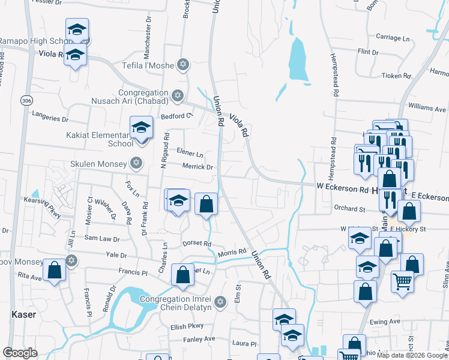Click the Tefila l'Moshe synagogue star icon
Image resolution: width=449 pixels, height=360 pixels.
pos(183,65)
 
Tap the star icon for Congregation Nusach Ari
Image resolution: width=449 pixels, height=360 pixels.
pos(177,95)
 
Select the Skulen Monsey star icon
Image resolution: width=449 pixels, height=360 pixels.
pos(136,163)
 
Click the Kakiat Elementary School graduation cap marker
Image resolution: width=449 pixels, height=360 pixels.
pos(141,128)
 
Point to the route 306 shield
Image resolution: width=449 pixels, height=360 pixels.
pos(25,100)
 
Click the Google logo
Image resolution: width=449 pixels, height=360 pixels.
pos(20,353)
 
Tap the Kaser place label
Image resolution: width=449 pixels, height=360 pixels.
pos(24,314)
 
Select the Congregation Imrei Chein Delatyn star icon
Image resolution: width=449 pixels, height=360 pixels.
pos(220,301)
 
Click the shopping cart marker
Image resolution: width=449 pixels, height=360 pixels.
pos(402,280)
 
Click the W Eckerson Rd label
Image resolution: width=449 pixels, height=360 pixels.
pos(342,188)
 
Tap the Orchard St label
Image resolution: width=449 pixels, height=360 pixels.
pos(349,209)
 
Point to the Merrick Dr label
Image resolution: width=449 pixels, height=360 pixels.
pos(198,167)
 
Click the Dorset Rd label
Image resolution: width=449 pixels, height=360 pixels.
pos(197,244)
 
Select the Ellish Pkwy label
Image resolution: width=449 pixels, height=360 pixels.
pos(187,327)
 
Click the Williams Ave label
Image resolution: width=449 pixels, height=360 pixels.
pos(427,109)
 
